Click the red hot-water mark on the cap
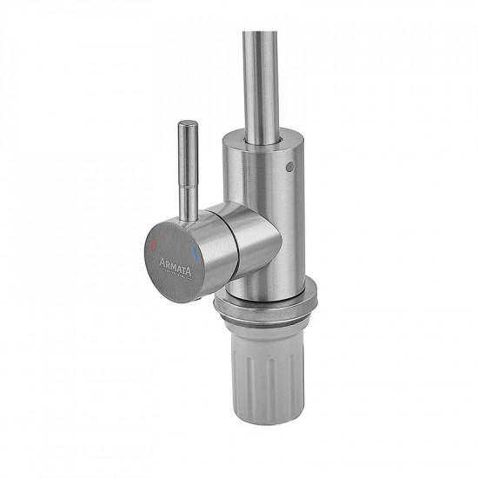[x=153, y=244]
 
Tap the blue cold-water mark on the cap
[x=195, y=255]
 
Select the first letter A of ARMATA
[x=162, y=262]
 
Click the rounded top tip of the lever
[x=188, y=123]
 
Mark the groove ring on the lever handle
[x=189, y=187]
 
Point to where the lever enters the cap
[x=189, y=220]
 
